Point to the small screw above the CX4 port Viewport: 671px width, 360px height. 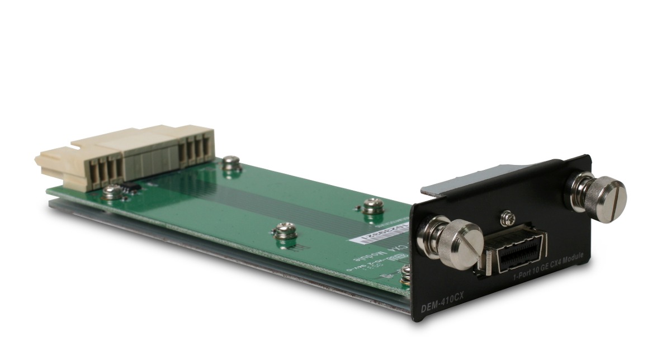(508, 215)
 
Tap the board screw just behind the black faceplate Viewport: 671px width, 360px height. (371, 206)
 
